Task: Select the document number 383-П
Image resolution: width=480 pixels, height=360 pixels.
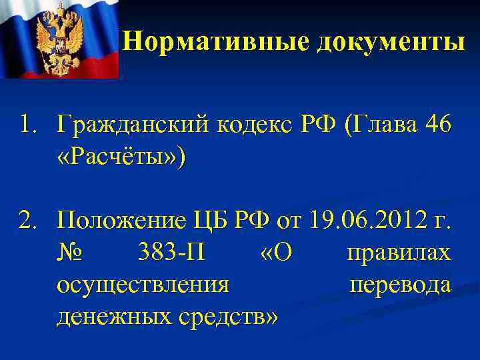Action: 168,253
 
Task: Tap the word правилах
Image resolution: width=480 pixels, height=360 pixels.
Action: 399,253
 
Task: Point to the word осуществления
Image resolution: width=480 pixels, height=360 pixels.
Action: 143,285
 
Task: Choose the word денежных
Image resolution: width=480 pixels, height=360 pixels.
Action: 113,318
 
